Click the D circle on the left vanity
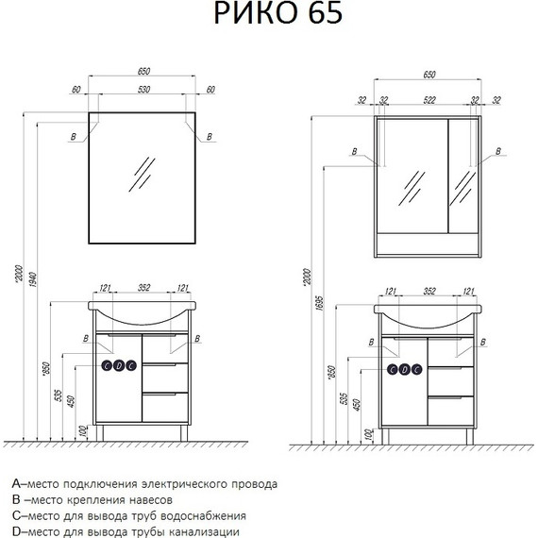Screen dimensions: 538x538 point(119,367)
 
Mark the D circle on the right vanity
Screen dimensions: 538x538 point(404,368)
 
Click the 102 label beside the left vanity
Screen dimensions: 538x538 point(83,432)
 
